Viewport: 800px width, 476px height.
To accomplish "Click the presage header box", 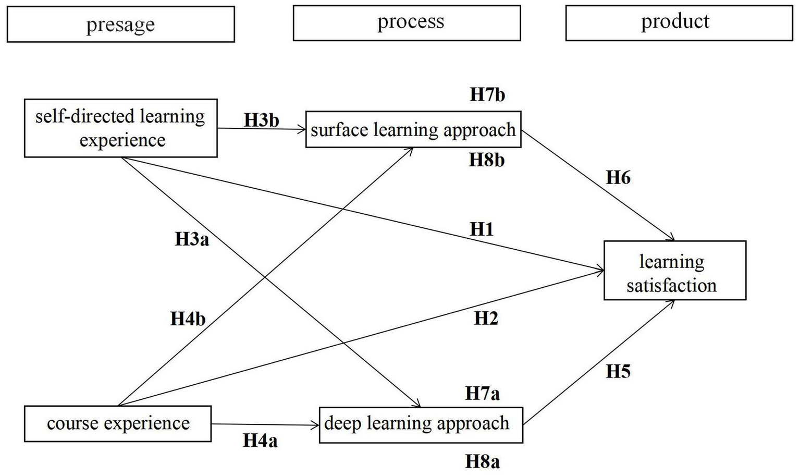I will point(120,24).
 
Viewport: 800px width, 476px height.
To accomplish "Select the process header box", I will point(407,22).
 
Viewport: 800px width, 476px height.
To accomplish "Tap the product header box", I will point(679,22).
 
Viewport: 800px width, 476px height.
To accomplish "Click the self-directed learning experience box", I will point(120,128).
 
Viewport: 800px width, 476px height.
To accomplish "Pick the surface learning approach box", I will point(413,129).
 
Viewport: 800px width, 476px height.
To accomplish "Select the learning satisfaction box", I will point(674,270).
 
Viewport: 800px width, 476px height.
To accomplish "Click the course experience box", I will point(118,423).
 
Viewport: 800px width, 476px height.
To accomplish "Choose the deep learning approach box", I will point(421,425).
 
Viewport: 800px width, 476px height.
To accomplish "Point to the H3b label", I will point(262,120).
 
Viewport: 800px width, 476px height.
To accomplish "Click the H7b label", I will point(487,94).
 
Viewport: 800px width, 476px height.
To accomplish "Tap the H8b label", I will point(487,160).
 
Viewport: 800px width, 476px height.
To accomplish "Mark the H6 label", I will point(618,177).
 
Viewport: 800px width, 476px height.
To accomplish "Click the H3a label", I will point(192,239).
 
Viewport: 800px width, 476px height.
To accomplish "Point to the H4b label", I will point(188,319).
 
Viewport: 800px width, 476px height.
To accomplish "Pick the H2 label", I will point(486,318).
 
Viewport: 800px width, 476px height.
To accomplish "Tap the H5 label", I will point(618,371).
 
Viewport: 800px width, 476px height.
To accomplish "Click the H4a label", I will point(260,441).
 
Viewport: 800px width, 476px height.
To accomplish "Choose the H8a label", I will point(482,461).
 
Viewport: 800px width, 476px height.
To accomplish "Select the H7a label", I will point(482,393).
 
